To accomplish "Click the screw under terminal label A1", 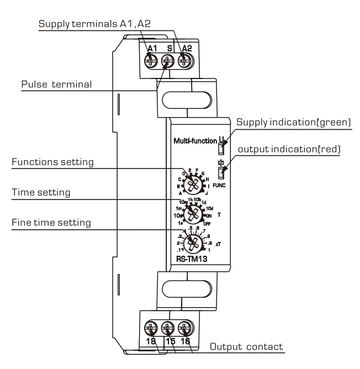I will [150, 61].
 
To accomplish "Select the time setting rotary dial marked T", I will [193, 213].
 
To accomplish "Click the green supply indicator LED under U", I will [221, 147].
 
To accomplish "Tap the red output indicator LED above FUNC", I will [221, 173].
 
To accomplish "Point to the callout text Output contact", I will [246, 347].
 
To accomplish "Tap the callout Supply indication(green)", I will [293, 121].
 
